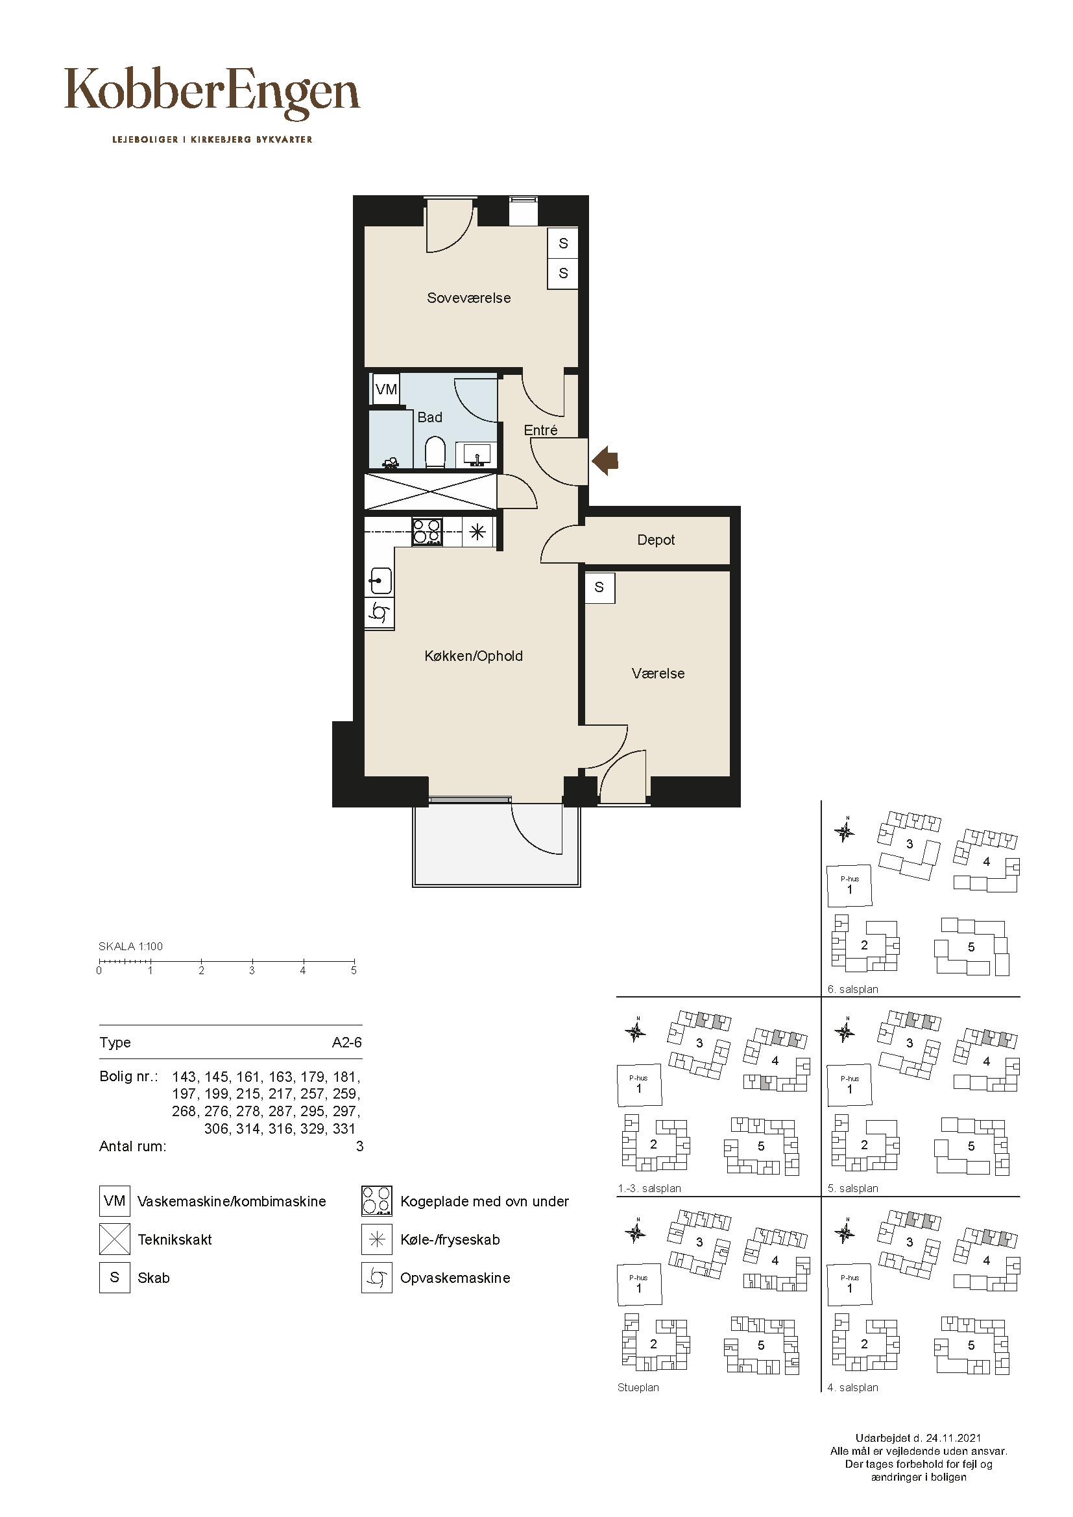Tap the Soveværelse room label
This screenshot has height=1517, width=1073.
[x=468, y=298]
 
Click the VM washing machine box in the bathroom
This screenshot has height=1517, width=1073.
[x=386, y=389]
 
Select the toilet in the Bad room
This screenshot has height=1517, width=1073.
[x=434, y=453]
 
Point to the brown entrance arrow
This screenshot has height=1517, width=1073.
[x=605, y=460]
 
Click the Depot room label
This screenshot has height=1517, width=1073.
[x=656, y=540]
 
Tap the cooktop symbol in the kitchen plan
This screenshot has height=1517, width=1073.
[x=428, y=532]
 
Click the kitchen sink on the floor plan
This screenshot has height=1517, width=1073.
[x=380, y=581]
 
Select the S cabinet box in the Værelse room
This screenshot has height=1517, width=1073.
[x=599, y=588]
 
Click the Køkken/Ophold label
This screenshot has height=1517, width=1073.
[x=473, y=656]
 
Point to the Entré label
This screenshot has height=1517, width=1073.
[x=540, y=430]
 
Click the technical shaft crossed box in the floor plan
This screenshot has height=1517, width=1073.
[x=429, y=492]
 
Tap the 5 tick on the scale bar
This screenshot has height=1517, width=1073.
[x=354, y=962]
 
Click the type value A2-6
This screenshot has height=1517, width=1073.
[x=347, y=1043]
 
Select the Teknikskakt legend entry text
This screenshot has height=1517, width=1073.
[x=175, y=1239]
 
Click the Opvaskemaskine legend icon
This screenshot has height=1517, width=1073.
[x=377, y=1277]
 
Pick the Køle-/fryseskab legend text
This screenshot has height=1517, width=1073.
[x=450, y=1239]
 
